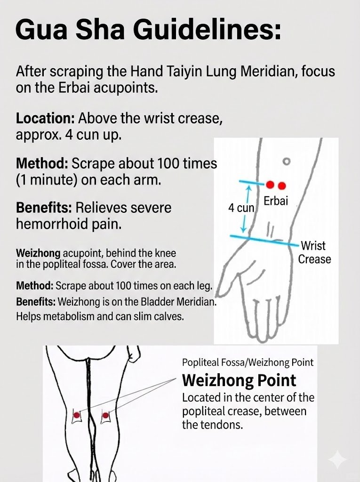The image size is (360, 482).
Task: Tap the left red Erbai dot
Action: pos(270,185)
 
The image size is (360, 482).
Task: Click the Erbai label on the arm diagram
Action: pos(276,201)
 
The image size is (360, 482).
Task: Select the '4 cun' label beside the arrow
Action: pos(241,208)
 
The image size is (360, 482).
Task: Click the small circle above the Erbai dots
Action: pos(285,161)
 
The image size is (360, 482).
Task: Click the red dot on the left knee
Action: pos(76,415)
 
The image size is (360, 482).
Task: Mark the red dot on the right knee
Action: pos(105,415)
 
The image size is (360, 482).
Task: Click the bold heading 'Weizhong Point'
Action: pos(239,380)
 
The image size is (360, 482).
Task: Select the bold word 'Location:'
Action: pos(46,118)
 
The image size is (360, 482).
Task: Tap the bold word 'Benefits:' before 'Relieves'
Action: pos(44,208)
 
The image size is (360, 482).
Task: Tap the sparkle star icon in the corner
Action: pos(337,460)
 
